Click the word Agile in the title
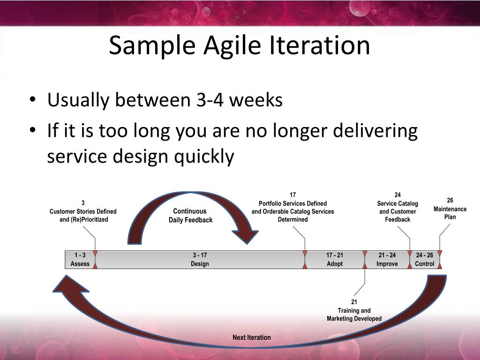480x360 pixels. [232, 46]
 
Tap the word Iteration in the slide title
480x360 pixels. [319, 45]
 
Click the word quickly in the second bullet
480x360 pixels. [204, 157]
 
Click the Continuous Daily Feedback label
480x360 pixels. [190, 216]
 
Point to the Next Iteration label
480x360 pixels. [252, 337]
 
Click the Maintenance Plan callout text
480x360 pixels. [450, 213]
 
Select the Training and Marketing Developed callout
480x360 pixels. [354, 315]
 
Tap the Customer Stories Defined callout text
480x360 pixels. [83, 215]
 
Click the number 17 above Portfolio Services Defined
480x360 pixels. [292, 195]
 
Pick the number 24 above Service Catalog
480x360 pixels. [397, 195]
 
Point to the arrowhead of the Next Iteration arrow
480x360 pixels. [69, 284]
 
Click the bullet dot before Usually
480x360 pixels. [33, 100]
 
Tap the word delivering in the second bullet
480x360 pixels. [375, 131]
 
